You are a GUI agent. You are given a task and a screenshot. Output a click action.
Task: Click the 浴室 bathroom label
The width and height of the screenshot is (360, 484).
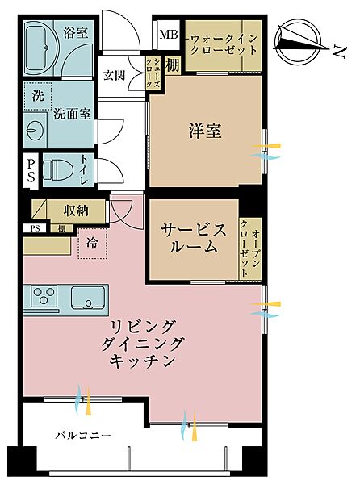[x=76, y=33]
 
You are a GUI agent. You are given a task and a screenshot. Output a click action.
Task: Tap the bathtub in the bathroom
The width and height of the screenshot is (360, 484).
[x=37, y=50]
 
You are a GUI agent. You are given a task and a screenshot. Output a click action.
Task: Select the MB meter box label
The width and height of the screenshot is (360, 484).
[x=168, y=34]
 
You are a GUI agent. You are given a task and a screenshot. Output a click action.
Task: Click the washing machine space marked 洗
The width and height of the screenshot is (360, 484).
[x=38, y=94]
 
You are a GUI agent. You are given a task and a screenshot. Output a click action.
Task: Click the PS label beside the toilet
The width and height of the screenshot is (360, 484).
[x=31, y=170]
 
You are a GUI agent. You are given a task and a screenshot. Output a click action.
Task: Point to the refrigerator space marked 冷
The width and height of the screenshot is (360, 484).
[x=91, y=242]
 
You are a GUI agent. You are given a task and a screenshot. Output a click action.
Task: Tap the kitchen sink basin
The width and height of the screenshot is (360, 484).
[x=84, y=298]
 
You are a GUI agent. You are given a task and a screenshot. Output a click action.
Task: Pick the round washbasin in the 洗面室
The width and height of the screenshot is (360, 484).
[x=36, y=130]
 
